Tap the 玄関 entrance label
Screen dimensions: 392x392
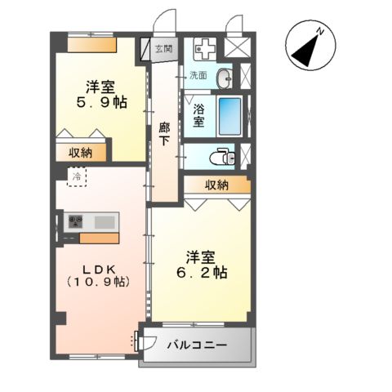point(163,49)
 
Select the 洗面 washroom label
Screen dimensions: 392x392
point(199,75)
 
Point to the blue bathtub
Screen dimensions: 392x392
point(232,114)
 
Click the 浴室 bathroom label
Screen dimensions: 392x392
point(198,114)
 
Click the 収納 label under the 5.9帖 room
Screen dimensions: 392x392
point(80,152)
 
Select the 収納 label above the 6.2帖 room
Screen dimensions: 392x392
point(216,185)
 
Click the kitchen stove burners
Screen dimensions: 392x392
point(77,222)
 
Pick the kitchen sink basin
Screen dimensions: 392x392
point(105,222)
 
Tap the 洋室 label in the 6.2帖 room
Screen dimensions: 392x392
point(202,254)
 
